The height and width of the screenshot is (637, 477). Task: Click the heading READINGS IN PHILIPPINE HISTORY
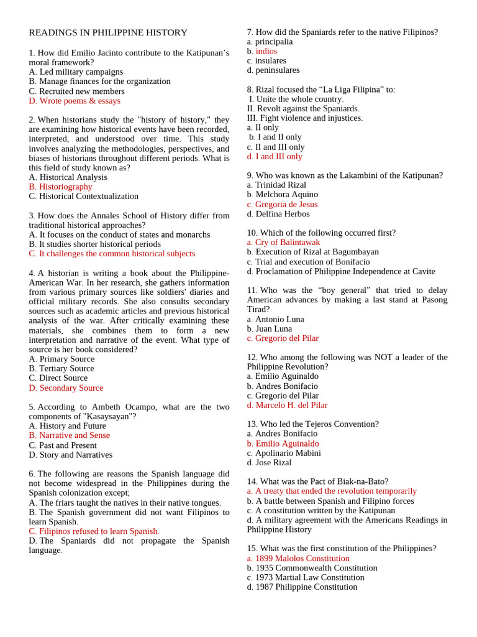point(108,32)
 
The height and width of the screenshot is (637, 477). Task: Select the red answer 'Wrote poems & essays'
point(75,101)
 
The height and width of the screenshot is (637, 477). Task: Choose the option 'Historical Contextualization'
point(84,196)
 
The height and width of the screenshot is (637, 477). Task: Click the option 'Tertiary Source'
point(61,368)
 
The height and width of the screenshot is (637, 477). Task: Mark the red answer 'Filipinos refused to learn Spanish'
point(94,531)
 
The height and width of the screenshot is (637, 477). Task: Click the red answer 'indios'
point(266,51)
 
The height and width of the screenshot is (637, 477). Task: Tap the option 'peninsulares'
point(277,70)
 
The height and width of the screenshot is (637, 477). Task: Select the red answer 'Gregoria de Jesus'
point(286,204)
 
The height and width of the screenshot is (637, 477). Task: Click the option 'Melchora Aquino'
point(282,195)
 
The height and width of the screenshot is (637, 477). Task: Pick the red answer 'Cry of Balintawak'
point(288,243)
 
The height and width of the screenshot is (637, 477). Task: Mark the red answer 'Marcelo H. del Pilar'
point(291,405)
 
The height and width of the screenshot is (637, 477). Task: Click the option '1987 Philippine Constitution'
point(306,587)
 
